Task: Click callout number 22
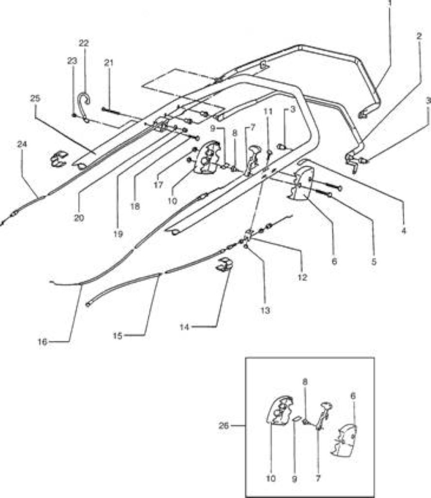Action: point(83,43)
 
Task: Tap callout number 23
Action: point(72,61)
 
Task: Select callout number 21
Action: point(108,63)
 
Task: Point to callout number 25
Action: point(35,98)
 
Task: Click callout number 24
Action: point(22,144)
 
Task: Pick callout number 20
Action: point(79,218)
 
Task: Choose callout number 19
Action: point(118,234)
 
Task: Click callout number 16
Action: point(42,342)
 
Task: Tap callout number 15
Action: point(117,336)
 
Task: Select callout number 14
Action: point(184,327)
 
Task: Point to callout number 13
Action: point(265,310)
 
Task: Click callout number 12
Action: point(302,277)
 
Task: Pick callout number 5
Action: point(374,262)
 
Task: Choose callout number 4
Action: point(403,231)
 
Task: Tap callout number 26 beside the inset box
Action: point(223,426)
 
